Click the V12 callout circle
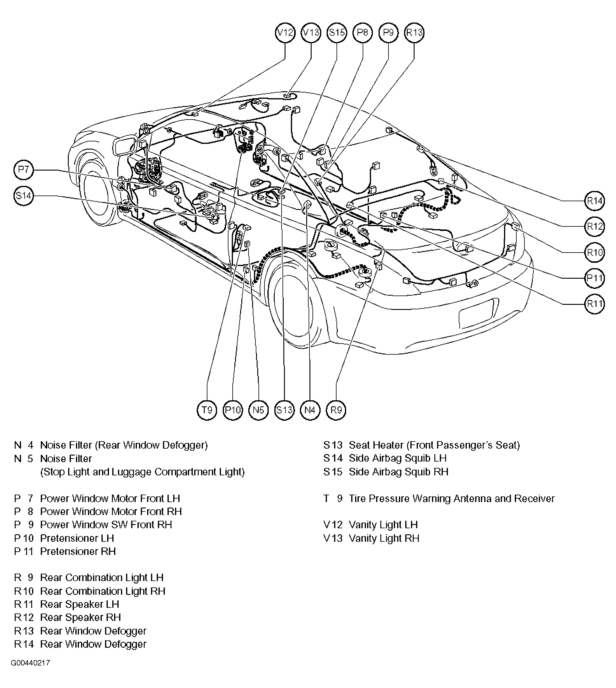coord(285,33)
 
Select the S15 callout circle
coord(337,33)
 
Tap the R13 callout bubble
coord(414,33)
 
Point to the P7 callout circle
coord(24,170)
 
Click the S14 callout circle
coord(24,196)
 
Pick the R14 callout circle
coord(595,201)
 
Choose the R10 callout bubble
coord(595,252)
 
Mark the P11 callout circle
coord(595,278)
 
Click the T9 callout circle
coord(207,410)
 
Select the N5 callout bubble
coord(258,410)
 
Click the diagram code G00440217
coord(30,672)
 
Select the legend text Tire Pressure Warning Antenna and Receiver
coord(451,499)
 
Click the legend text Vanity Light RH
coord(384,538)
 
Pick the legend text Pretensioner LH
coord(77,538)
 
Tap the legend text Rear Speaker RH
coord(80,617)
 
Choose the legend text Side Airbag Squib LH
coord(398,458)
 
